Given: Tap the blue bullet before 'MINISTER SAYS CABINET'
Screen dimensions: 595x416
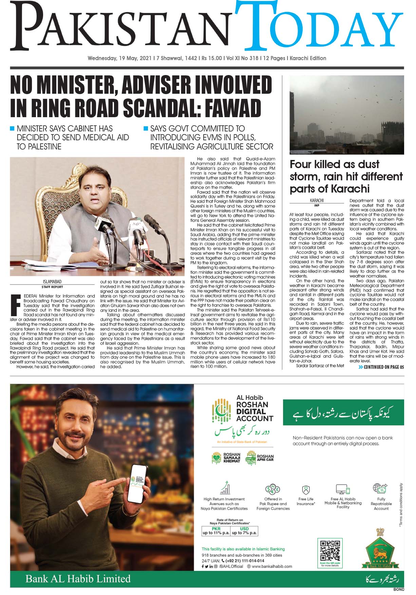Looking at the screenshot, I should tap(13, 129).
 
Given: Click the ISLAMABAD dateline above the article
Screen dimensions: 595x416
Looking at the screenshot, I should tap(52, 282).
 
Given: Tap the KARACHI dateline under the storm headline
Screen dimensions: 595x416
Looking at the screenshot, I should tap(317, 201).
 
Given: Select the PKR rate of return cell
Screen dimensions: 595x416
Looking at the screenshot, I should tap(216, 531).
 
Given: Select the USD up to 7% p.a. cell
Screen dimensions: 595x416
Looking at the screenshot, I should tap(244, 531).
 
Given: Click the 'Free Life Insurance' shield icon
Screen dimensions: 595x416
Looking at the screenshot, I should tap(305, 490).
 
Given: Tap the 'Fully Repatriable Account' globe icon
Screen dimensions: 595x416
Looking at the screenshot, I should tap(380, 488).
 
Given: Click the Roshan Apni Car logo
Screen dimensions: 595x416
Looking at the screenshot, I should tap(260, 458).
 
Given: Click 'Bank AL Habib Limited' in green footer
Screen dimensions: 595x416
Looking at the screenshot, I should tap(78, 578).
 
